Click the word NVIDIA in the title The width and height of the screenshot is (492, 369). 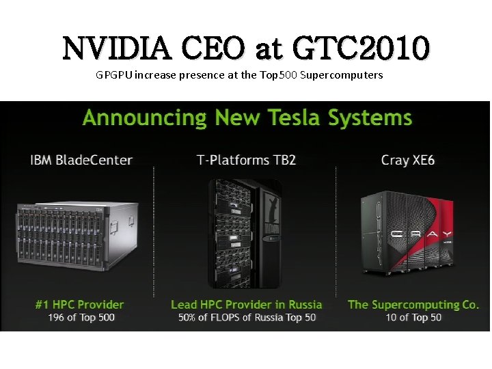[115, 48]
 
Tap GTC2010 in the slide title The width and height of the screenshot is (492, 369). [361, 48]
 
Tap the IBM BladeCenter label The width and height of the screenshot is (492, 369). [81, 161]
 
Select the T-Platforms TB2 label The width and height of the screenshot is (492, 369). [246, 161]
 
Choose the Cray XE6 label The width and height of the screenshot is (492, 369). [408, 161]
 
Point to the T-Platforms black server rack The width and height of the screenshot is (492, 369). [245, 233]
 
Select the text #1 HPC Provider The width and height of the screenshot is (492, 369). [80, 304]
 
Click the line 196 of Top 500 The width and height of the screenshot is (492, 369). [81, 318]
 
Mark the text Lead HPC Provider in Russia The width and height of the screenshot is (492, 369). [246, 304]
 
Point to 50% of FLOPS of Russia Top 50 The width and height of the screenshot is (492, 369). [247, 318]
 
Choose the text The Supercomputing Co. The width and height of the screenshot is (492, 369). [413, 304]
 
